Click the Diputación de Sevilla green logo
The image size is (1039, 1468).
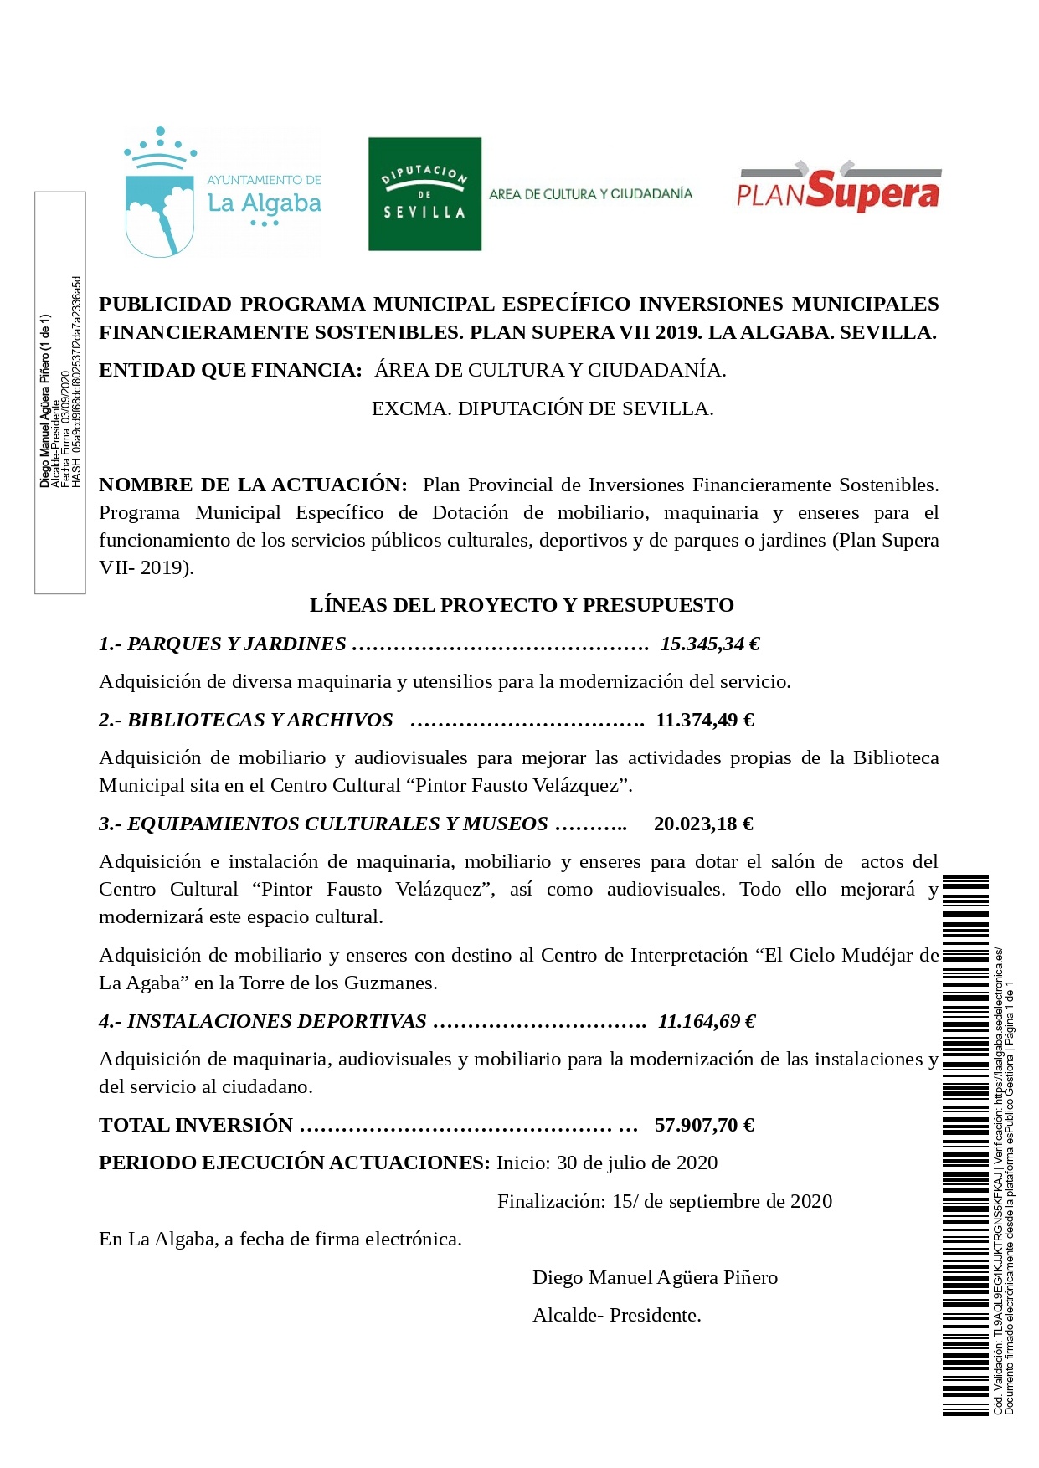pos(424,194)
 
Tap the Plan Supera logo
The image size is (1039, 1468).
pos(838,188)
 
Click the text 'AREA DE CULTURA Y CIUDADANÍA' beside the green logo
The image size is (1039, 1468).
pos(590,194)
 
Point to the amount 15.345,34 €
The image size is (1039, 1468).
pos(710,644)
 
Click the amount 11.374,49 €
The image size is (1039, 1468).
pos(705,720)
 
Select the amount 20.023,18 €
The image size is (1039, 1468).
pos(703,824)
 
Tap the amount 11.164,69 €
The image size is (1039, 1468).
pos(707,1021)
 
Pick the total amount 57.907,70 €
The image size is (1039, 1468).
pos(704,1125)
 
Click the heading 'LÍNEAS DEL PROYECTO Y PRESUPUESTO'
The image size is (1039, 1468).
pos(522,605)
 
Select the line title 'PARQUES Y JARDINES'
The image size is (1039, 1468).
pos(236,644)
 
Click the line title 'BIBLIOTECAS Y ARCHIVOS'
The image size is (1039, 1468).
pos(260,720)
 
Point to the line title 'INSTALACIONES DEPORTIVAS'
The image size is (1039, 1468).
pos(276,1021)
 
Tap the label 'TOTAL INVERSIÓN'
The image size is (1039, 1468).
pos(196,1125)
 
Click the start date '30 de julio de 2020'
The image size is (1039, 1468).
pos(637,1163)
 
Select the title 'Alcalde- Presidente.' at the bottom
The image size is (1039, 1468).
pos(617,1315)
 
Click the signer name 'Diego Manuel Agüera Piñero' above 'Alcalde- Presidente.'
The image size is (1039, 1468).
pos(655,1277)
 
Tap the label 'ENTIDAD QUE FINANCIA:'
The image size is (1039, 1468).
pos(230,370)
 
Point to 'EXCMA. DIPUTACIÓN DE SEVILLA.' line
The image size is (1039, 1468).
pos(543,408)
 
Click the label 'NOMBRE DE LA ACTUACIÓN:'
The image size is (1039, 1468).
pos(253,485)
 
